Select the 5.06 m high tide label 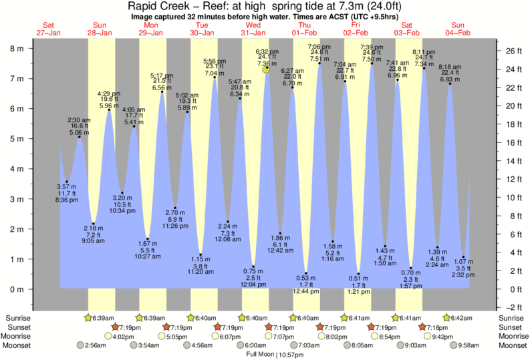point(79,132)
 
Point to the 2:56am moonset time point(95,345)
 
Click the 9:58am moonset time point(466,345)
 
